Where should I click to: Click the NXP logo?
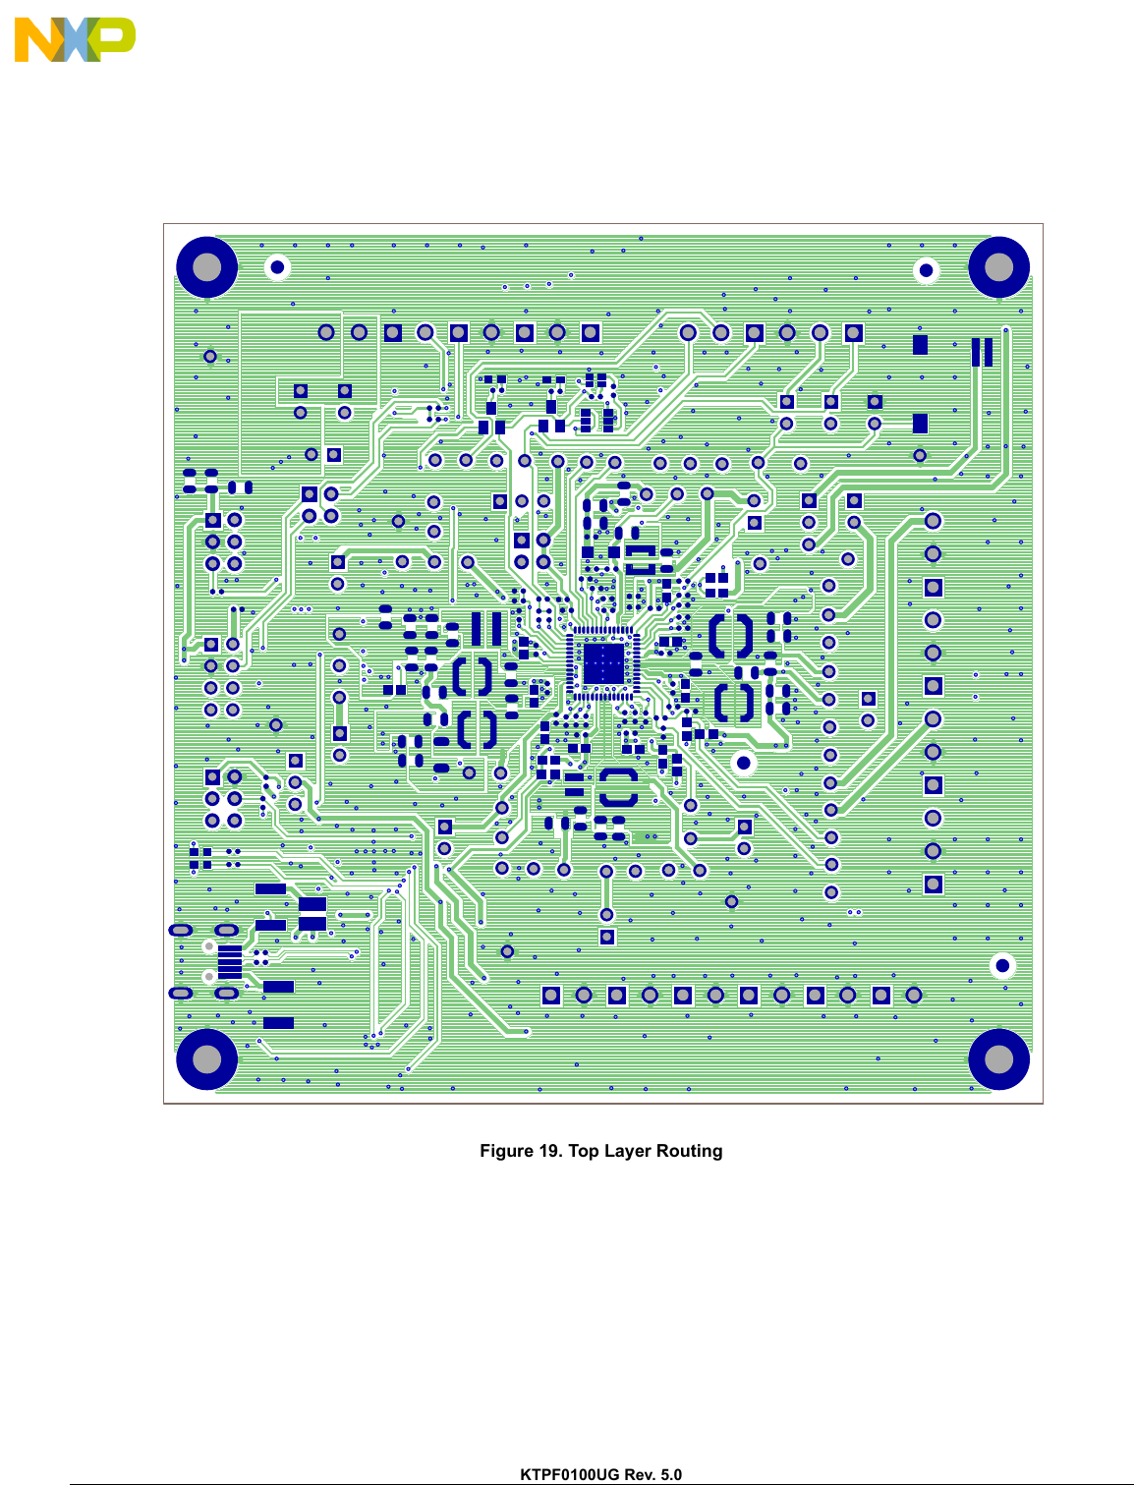[x=75, y=40]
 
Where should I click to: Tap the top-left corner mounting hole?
[x=206, y=267]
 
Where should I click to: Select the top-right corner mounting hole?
[x=998, y=267]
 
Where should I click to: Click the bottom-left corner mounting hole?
[x=206, y=1058]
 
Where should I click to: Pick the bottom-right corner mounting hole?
[x=998, y=1058]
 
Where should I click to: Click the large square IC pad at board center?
[x=603, y=663]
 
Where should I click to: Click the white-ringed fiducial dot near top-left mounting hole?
[x=277, y=267]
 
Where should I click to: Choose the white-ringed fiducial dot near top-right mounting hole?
[x=926, y=269]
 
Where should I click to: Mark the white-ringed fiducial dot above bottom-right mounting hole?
[x=1001, y=966]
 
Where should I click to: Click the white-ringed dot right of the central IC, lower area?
[x=744, y=763]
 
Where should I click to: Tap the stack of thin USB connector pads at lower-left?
[x=230, y=962]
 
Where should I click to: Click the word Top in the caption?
[x=583, y=1151]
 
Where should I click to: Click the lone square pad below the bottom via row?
[x=607, y=937]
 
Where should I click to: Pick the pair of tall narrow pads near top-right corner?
[x=982, y=352]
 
